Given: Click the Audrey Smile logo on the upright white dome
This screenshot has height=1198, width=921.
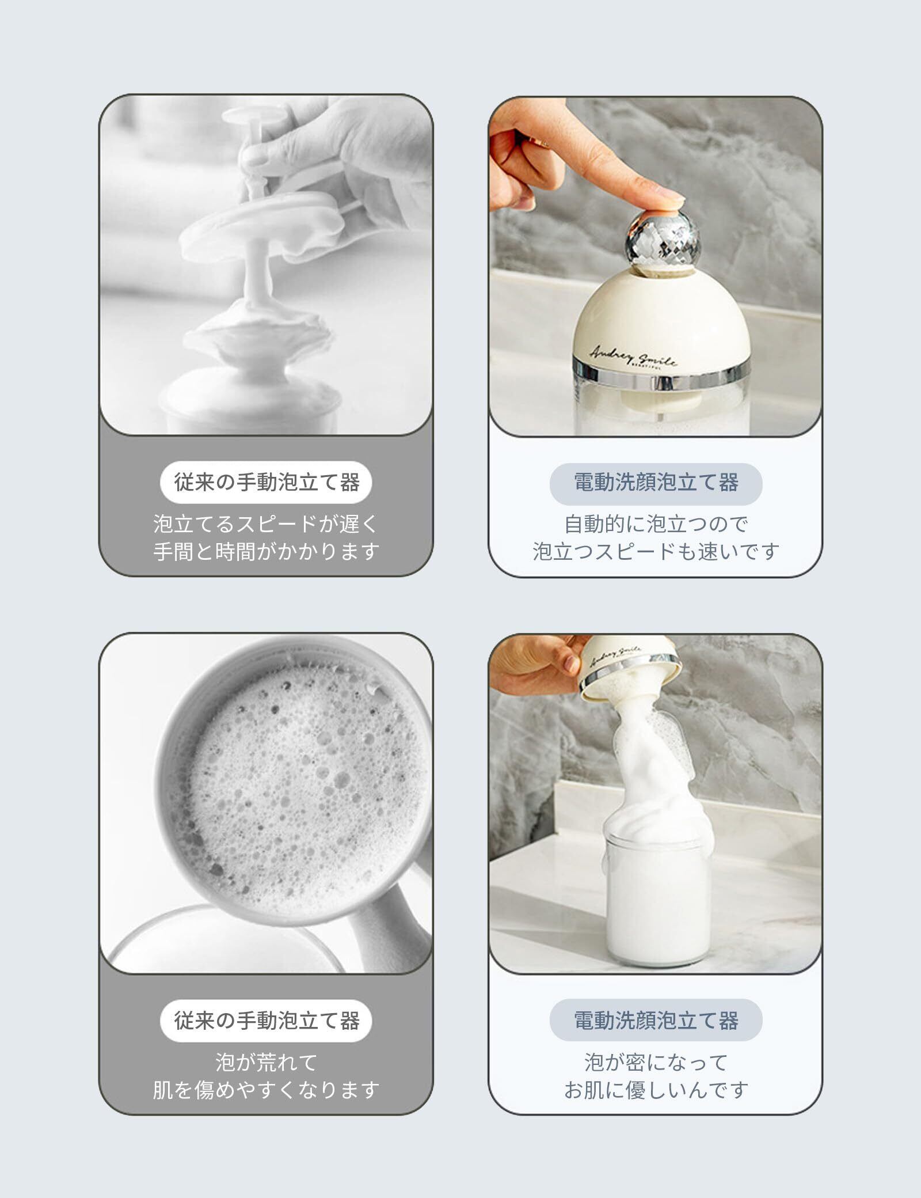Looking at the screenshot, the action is (633, 355).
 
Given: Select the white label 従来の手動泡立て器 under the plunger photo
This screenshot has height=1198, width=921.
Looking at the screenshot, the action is (266, 482).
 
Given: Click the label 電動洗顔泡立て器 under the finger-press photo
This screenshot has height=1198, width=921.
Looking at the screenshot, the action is (656, 483).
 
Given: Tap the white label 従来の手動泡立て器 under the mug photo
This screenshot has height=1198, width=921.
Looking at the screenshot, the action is (266, 1021).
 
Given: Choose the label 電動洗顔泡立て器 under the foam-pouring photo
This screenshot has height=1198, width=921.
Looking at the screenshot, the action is (656, 1021).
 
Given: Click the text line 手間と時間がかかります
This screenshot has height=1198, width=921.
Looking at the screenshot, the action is (266, 552).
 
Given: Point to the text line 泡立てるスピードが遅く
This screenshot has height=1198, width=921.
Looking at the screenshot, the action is (266, 524).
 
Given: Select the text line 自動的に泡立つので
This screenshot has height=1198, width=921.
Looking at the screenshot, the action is (656, 524).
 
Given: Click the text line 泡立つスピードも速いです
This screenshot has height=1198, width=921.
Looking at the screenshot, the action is (656, 552).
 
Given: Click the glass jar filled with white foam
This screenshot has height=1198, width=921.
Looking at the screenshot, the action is (656, 898).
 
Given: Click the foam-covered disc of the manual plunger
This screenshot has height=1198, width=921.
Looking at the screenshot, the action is (256, 225).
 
